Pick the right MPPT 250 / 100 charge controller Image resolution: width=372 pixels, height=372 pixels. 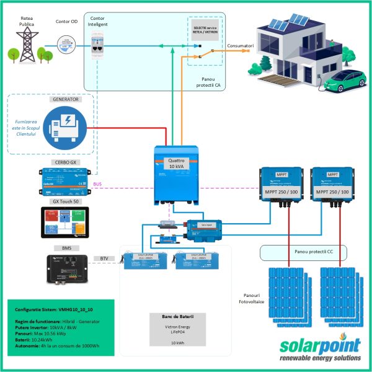click(x=331, y=185)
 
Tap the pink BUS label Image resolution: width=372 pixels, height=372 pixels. click(x=97, y=184)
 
